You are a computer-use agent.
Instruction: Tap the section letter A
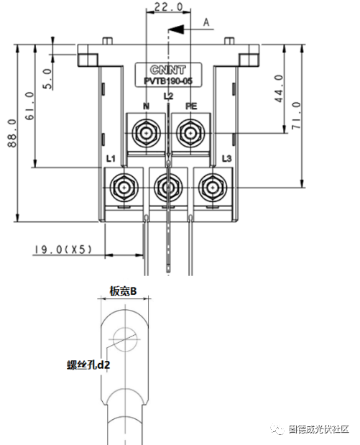pyautogui.click(x=206, y=22)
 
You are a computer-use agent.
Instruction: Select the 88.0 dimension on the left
pyautogui.click(x=11, y=133)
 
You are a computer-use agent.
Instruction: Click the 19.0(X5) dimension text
pyautogui.click(x=63, y=249)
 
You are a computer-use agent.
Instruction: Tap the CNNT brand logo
pyautogui.click(x=169, y=70)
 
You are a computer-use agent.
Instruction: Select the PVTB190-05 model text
pyautogui.click(x=169, y=82)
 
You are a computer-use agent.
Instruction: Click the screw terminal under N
pyautogui.click(x=147, y=133)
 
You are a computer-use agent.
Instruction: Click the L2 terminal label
pyautogui.click(x=168, y=96)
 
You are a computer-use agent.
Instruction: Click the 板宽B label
pyautogui.click(x=123, y=290)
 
